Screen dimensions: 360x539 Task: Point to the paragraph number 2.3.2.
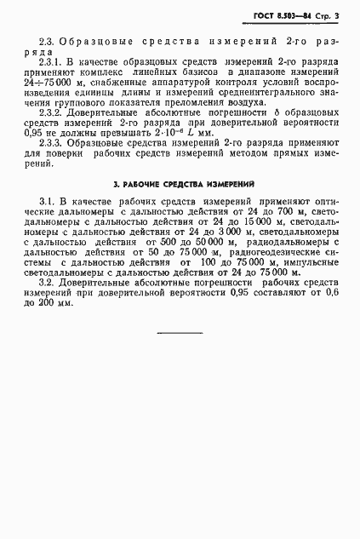[x=53, y=124]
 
